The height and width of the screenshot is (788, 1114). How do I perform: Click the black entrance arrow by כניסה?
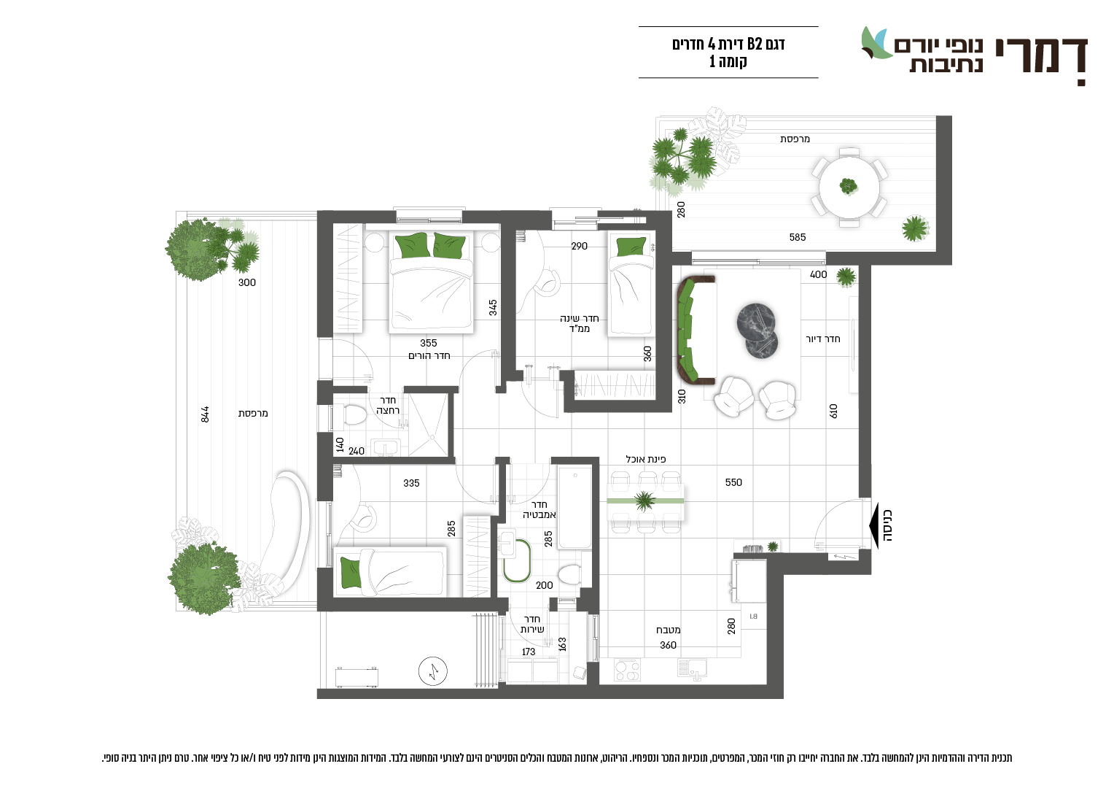point(874,525)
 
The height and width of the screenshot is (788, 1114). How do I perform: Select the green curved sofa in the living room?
point(690,331)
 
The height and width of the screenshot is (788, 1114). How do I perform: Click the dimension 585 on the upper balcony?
point(797,237)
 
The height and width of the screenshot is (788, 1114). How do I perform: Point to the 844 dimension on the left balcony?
point(205,414)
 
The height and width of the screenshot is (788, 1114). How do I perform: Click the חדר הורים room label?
point(429,355)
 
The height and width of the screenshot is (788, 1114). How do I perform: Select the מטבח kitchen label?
point(668,630)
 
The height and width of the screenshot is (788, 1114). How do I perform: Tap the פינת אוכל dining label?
point(645,459)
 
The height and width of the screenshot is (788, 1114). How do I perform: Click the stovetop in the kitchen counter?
point(627,670)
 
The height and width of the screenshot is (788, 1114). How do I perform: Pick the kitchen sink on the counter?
point(692,668)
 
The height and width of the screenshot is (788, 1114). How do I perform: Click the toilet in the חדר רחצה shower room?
point(353,414)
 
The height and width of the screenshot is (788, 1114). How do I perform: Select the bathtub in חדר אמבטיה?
point(574,507)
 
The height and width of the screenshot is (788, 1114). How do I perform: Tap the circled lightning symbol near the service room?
point(432,671)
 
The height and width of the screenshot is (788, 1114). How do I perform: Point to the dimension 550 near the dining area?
point(733,482)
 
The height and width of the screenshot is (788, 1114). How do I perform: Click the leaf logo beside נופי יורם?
point(876,43)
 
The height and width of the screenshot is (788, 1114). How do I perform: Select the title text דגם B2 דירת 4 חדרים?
point(728,45)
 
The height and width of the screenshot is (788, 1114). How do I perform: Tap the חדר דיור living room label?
point(822,339)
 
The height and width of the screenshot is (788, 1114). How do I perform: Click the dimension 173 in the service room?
point(528,652)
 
